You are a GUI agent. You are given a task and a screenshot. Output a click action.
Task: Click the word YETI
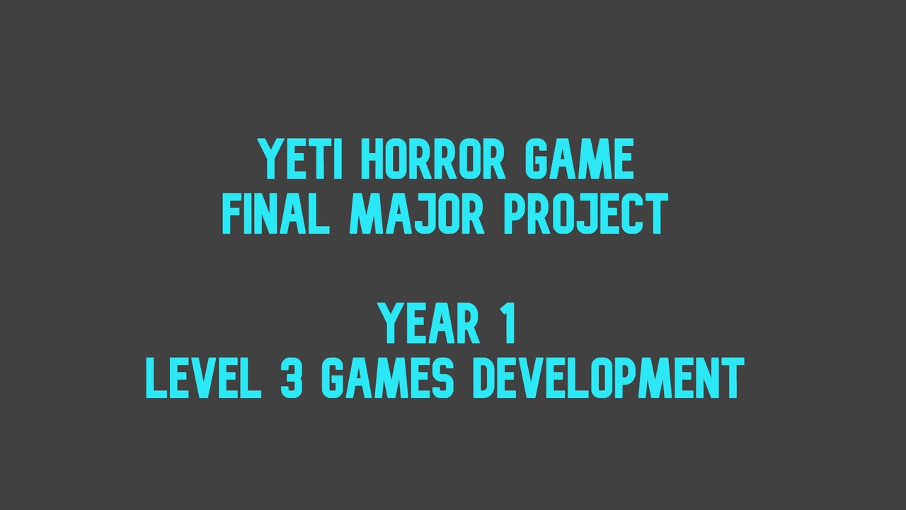301,159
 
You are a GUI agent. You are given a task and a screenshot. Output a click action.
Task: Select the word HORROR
433,159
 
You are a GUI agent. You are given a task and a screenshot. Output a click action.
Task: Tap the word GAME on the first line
579,159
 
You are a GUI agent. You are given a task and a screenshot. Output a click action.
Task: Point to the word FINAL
276,214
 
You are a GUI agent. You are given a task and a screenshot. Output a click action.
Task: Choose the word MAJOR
417,214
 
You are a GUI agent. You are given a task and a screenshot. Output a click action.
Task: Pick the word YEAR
429,324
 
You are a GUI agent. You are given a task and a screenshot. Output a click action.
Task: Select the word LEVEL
203,378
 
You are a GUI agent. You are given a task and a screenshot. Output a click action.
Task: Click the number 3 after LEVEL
292,378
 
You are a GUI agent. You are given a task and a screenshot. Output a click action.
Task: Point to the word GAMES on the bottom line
387,378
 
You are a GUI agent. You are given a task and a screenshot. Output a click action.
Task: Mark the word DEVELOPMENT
608,378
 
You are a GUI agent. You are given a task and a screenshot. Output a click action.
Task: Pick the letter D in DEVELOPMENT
486,378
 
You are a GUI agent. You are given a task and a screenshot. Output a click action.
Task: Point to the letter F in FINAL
233,214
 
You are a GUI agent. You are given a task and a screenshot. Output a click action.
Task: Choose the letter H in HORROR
373,159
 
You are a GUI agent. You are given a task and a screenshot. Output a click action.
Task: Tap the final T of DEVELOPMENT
732,378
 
